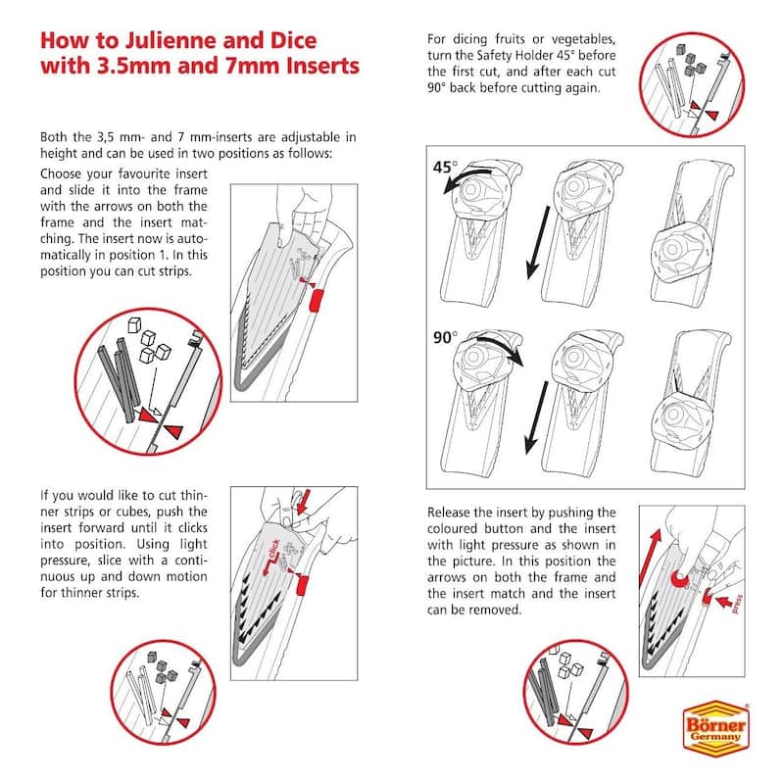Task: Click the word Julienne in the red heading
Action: tap(171, 40)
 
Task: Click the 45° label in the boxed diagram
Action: tap(445, 167)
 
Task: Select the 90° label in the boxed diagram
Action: tap(445, 337)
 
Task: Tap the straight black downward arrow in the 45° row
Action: tap(538, 242)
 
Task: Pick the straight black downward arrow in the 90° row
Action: tap(536, 417)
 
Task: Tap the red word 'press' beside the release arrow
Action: tap(737, 604)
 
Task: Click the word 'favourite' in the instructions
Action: tap(144, 174)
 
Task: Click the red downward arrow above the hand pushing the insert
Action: tap(304, 503)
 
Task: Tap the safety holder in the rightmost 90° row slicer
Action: tap(681, 420)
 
